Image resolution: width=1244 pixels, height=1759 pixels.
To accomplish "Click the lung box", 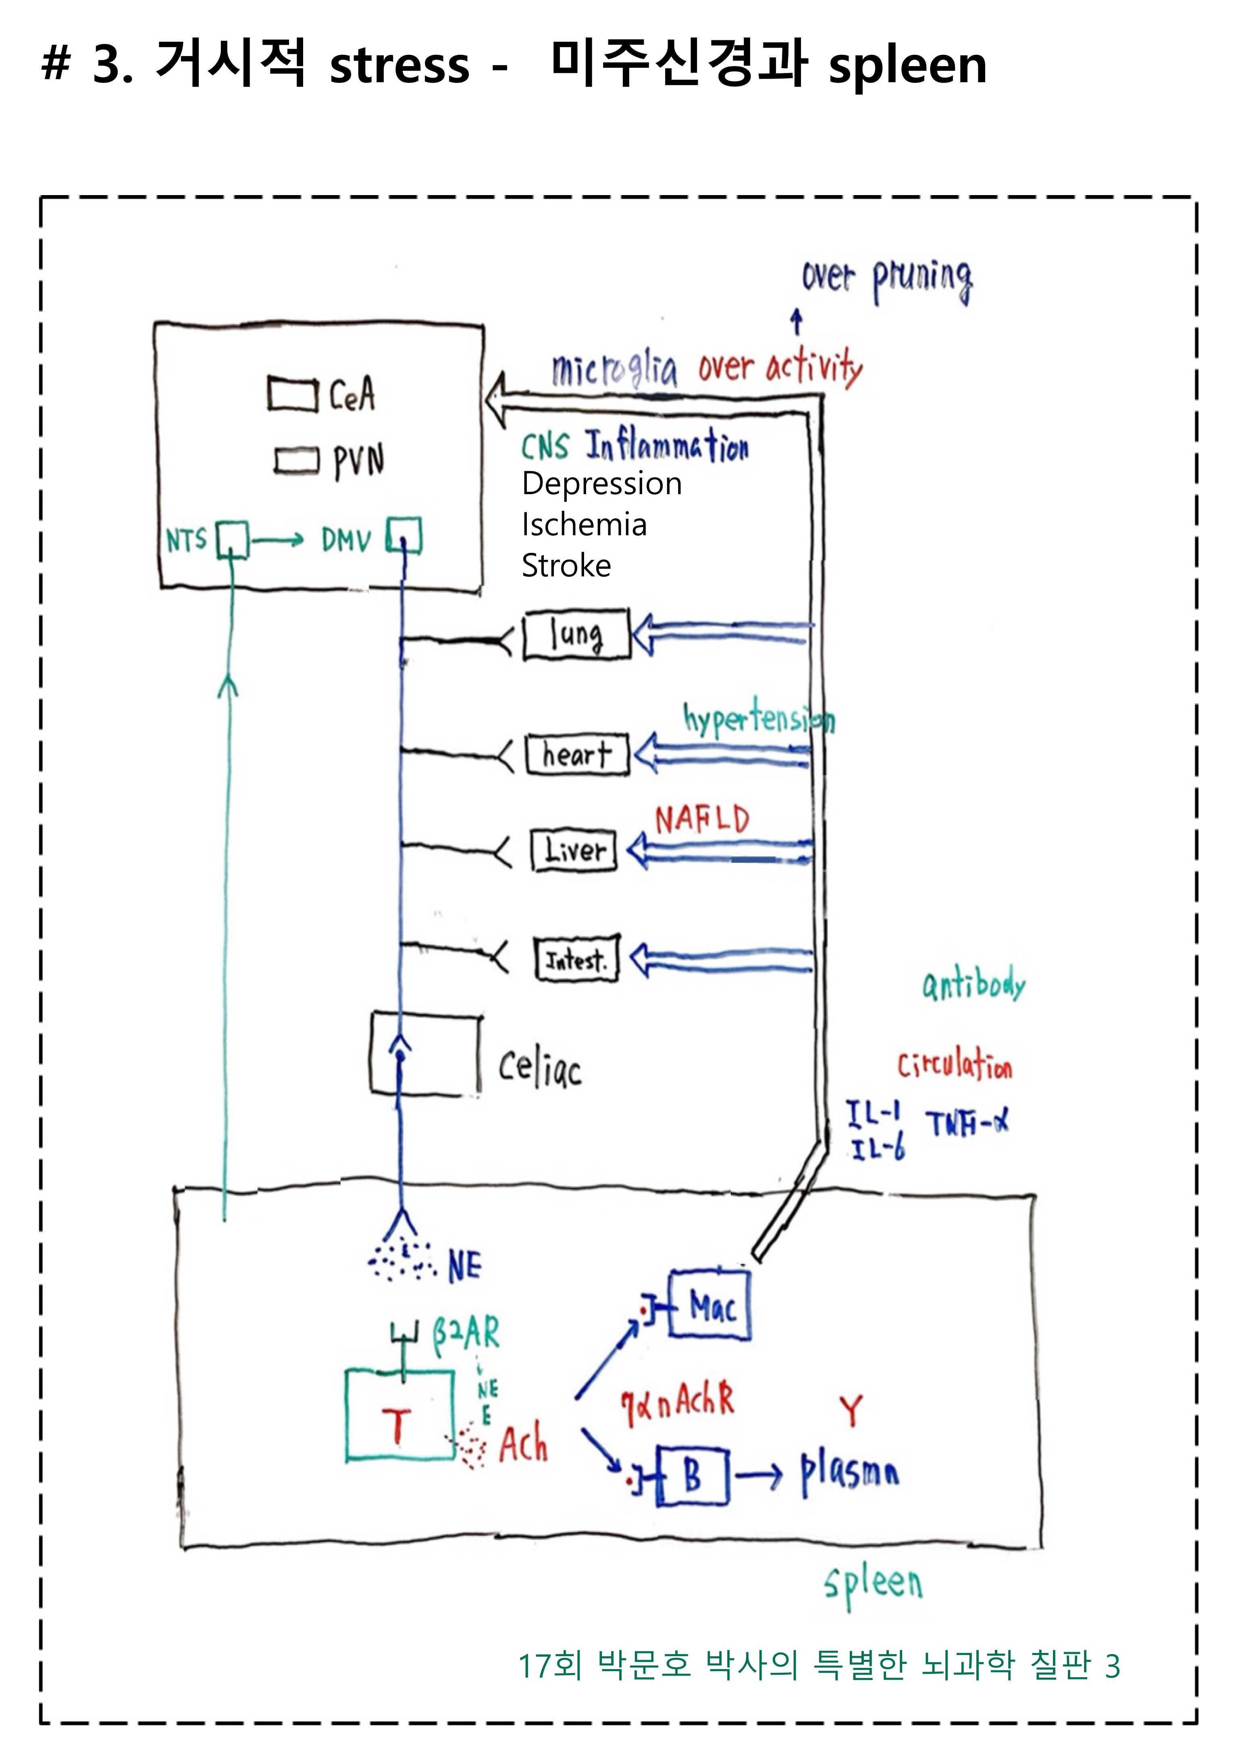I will [577, 634].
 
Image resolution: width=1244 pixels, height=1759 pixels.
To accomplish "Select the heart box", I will [577, 755].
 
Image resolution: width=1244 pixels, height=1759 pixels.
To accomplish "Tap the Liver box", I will [574, 850].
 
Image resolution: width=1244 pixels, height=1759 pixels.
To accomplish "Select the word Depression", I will [601, 484].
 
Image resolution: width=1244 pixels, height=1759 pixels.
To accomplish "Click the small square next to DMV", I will [404, 535].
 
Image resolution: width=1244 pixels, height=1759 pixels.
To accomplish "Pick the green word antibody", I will [973, 985].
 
